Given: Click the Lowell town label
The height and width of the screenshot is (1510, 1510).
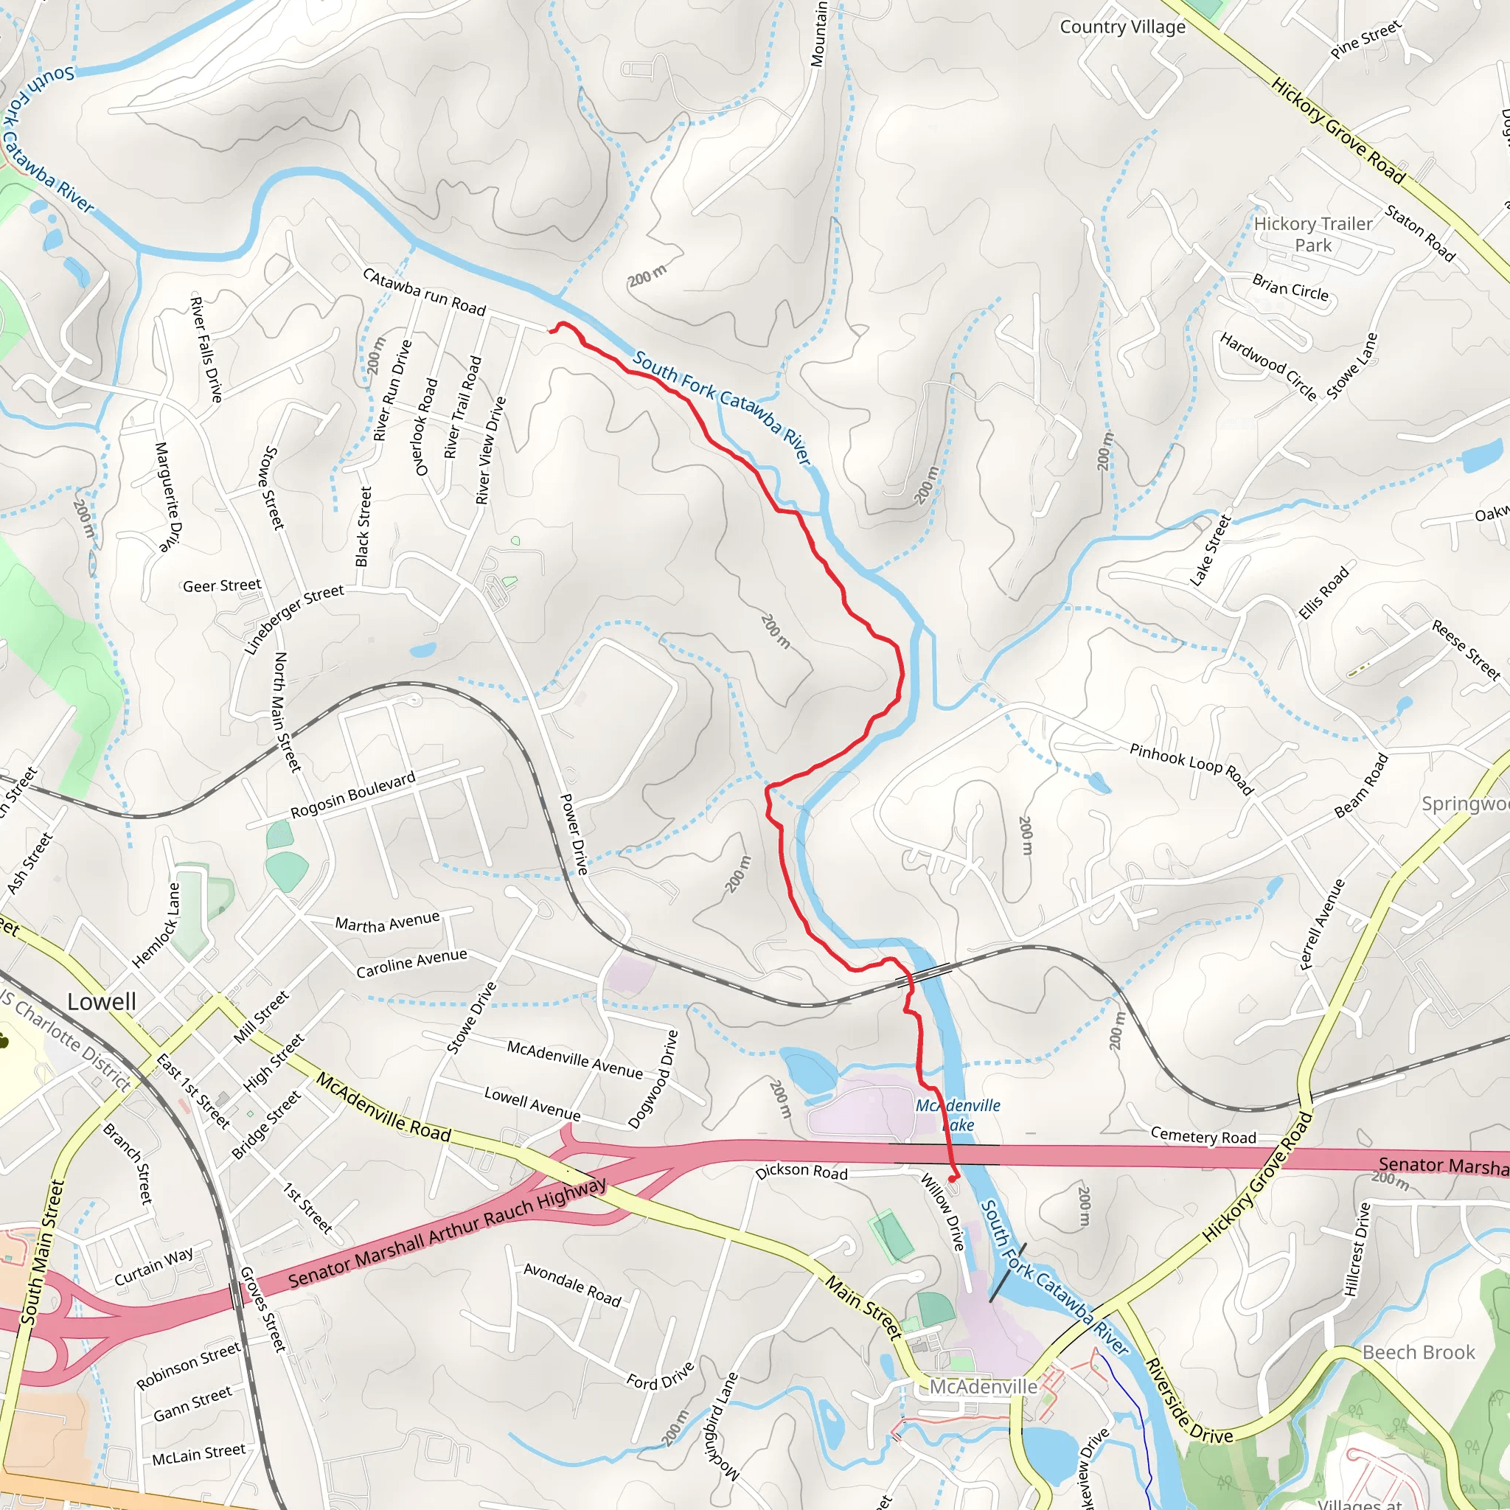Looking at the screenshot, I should (x=102, y=1002).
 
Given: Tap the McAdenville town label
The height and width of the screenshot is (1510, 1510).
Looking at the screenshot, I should (x=984, y=1387).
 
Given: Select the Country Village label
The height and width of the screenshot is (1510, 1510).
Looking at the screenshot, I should (x=1122, y=27).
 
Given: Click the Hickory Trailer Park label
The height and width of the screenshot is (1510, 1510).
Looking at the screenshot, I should (x=1313, y=234).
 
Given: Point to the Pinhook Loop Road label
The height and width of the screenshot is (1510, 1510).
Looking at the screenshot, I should (x=1191, y=769).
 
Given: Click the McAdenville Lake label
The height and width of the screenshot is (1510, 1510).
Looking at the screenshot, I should (x=958, y=1116).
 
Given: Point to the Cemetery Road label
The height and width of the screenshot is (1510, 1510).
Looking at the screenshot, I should (x=1203, y=1136).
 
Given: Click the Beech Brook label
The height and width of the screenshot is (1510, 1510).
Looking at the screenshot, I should (x=1419, y=1352).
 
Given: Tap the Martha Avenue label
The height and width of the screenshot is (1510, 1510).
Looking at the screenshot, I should (x=388, y=922).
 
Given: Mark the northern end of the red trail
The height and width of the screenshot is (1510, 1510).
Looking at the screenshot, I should (x=552, y=331).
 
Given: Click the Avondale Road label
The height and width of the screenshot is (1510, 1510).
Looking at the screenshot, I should (x=572, y=1285).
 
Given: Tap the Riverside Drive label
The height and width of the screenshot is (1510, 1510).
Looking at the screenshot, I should (x=1188, y=1402).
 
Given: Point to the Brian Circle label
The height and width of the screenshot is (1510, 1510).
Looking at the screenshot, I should (x=1290, y=288).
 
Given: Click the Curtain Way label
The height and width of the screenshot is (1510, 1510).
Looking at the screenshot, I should (x=153, y=1266).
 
